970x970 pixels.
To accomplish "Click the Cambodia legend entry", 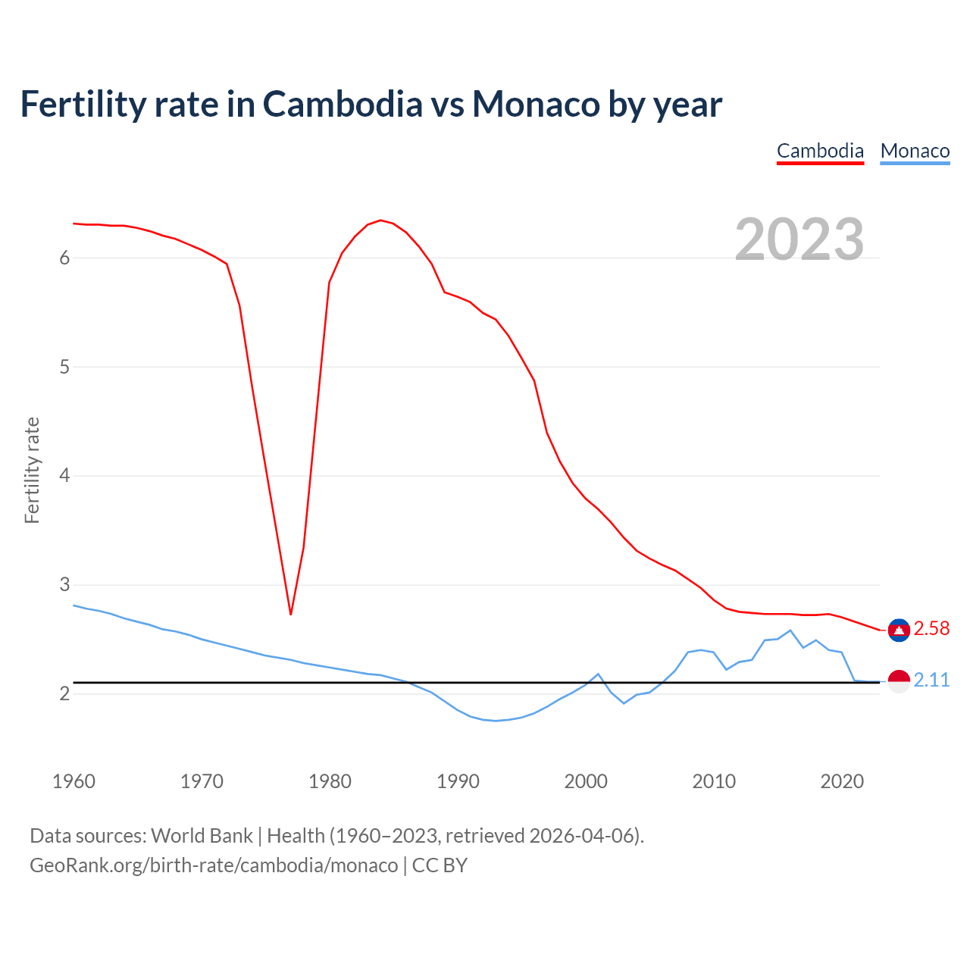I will pos(820,151).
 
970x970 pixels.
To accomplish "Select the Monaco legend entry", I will pos(915,151).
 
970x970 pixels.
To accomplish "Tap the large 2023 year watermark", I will pos(799,239).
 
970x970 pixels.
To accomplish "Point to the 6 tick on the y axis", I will pos(64,258).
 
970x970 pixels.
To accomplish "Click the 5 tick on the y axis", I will pos(64,367).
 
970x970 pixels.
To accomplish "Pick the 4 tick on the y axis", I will pos(64,476).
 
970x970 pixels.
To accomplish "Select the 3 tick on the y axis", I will pos(64,585).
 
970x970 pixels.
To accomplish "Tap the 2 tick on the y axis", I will pos(64,693).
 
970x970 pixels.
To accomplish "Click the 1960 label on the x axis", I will pos(74,781).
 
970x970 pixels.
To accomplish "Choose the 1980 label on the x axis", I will pos(330,781).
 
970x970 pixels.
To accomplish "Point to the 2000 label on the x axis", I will pos(586,781).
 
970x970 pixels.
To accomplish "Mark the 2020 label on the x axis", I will pos(842,781).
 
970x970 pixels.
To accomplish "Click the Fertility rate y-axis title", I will pos(32,470).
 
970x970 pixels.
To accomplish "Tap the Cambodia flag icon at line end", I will pos(899,630).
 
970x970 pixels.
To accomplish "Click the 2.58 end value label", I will pos(931,629).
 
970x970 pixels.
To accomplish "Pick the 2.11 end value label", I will pos(931,681).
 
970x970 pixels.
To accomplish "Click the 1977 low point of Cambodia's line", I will pos(291,614).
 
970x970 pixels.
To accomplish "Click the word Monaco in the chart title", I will pos(536,105).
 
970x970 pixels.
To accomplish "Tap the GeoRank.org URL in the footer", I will pos(214,865).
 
